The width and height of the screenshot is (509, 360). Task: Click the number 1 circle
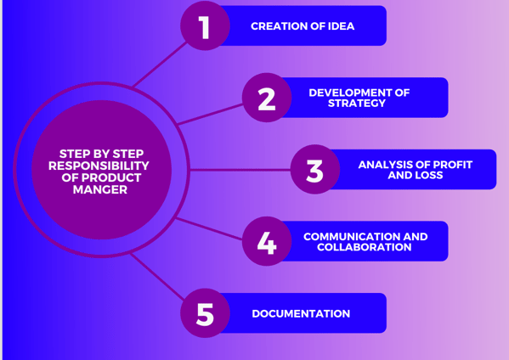(205, 26)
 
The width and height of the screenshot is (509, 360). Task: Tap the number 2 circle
(267, 98)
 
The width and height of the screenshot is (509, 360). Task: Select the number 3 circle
(315, 169)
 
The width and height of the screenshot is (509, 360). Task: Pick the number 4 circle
(267, 241)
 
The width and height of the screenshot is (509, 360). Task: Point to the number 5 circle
(205, 313)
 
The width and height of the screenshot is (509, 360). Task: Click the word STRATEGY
(357, 103)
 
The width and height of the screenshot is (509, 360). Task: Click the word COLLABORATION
(365, 247)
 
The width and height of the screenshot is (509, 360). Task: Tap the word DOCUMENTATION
(301, 313)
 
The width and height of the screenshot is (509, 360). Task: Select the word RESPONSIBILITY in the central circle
(99, 166)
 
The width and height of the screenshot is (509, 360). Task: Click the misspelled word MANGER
(100, 189)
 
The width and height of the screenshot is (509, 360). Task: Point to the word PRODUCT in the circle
(111, 177)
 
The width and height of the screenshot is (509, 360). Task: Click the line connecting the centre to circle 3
(240, 170)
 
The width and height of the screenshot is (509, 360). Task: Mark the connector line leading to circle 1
(160, 65)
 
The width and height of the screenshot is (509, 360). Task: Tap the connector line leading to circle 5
(157, 277)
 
